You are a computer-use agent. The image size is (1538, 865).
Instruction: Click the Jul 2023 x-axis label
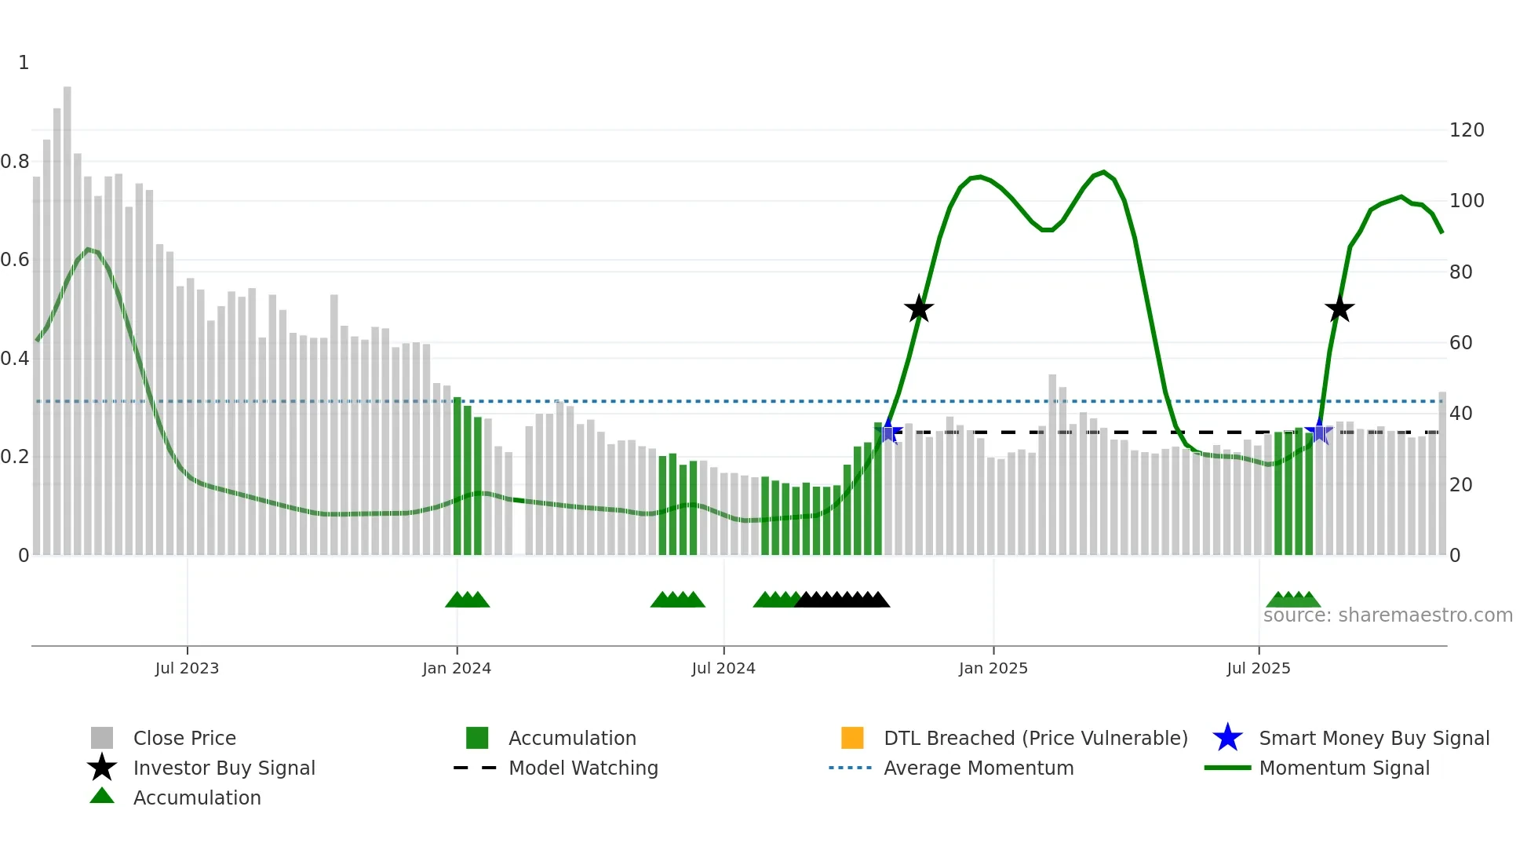coord(187,668)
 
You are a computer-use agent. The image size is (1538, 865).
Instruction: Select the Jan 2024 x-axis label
coord(457,668)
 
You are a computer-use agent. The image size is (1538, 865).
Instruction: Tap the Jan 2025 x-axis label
coord(993,668)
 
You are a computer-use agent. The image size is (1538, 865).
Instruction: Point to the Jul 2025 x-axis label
coord(1258,668)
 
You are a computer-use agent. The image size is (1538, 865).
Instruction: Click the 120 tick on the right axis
coord(1466,130)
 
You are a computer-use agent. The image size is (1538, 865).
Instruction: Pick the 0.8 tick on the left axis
coord(16,162)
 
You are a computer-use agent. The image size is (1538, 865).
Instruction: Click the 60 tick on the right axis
coord(1460,343)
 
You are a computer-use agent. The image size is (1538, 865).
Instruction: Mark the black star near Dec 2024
coord(918,309)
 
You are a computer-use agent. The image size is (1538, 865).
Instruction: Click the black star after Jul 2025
coord(1339,309)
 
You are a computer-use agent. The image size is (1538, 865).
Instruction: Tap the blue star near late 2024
coord(889,432)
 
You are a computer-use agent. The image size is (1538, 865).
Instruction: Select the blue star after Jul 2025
coord(1318,432)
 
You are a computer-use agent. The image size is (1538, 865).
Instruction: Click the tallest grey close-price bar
coord(67,314)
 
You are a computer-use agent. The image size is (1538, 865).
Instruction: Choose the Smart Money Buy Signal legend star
coord(1227,738)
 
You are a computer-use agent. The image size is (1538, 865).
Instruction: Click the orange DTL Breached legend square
coord(852,738)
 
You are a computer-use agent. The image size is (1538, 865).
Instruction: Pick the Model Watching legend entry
coord(582,768)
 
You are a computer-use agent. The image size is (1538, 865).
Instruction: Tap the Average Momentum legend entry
coord(978,768)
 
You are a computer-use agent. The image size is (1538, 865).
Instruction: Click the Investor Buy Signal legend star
coord(102,768)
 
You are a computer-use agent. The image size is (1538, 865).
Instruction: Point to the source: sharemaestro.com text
coord(1387,615)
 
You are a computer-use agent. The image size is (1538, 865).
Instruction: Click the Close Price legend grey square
coord(102,738)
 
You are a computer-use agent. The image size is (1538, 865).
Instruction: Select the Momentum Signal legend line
coord(1227,768)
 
